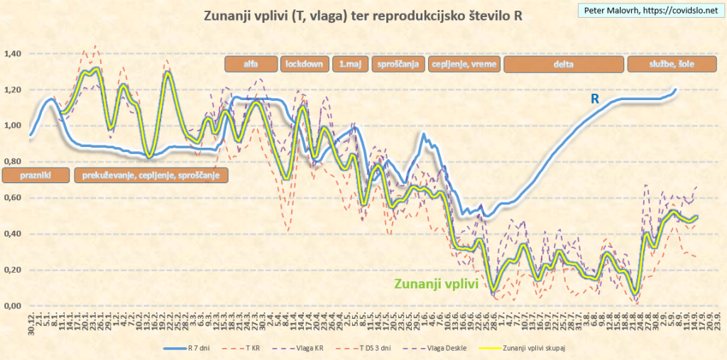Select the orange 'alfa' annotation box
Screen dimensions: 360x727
pos(250,64)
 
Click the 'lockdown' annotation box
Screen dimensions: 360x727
pos(305,64)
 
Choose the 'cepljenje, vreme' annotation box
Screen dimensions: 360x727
pos(464,64)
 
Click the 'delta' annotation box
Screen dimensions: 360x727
pos(564,64)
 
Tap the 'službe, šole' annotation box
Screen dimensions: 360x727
pos(670,64)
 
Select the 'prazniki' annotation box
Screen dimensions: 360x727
pos(35,175)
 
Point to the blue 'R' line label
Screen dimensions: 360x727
pos(595,100)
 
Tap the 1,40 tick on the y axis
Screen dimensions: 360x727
pos(13,54)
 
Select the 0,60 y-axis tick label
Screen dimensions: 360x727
pos(13,198)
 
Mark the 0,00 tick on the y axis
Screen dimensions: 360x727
pos(13,306)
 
